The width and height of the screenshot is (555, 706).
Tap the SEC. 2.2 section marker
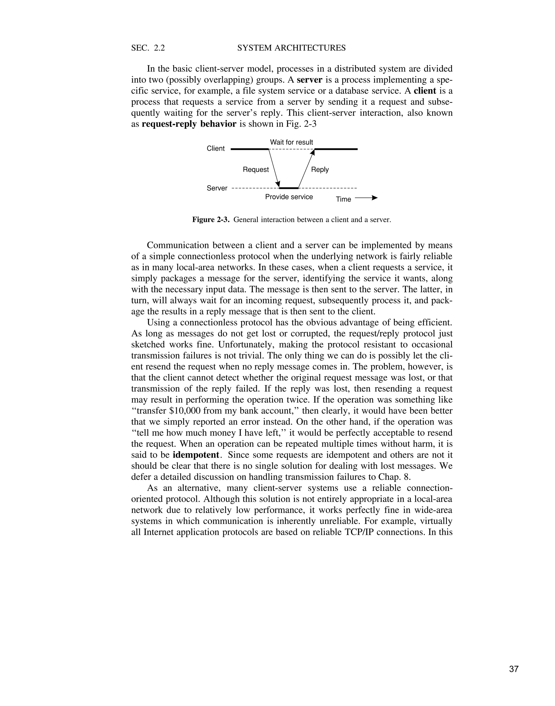148,48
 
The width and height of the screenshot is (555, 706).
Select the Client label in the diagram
215,148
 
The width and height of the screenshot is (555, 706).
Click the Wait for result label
292,142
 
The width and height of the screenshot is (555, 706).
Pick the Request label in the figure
256,170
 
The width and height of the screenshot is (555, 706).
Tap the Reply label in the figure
320,170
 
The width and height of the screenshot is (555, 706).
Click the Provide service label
289,197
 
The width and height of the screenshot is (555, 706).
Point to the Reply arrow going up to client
306,168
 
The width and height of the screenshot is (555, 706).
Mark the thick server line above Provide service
289,188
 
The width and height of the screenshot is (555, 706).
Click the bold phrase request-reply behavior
189,124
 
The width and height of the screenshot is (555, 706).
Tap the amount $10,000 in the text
185,411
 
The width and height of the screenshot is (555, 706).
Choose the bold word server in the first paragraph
309,80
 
